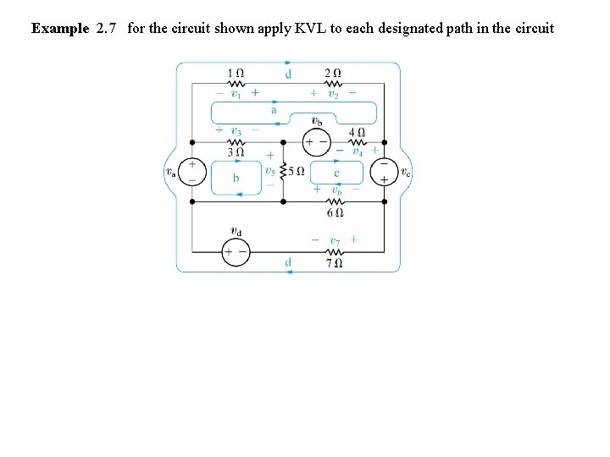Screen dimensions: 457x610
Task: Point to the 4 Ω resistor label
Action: click(358, 132)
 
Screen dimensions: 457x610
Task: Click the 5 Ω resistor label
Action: click(297, 170)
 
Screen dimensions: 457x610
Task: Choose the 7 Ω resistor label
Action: click(335, 262)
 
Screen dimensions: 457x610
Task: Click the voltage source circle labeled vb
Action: click(317, 142)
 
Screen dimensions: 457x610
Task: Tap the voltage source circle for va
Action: click(192, 172)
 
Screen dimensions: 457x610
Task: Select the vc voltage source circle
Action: click(384, 172)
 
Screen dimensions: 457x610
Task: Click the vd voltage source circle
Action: click(236, 251)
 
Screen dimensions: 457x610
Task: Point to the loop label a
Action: click(274, 110)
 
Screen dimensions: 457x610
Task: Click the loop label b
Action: click(236, 178)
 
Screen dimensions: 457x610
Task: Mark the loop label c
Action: click(336, 173)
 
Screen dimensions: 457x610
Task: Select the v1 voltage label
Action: click(236, 95)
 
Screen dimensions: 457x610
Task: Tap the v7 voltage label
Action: click(335, 240)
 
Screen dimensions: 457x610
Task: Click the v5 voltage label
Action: click(269, 170)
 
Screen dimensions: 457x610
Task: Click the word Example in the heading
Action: click(60, 29)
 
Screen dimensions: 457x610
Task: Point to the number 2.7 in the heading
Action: click(106, 29)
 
